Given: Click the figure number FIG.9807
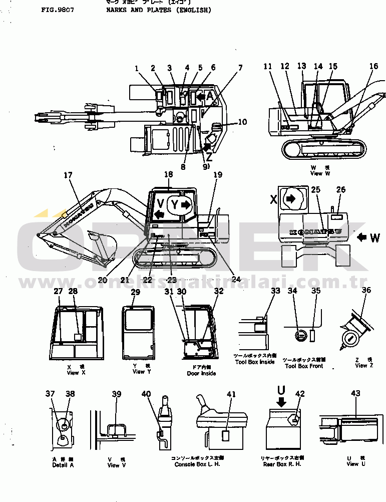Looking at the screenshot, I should click(x=58, y=10).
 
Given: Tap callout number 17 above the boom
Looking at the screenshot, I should click(x=68, y=175).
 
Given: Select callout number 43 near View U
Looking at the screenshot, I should click(x=355, y=394).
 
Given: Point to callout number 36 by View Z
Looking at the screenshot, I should click(x=366, y=290).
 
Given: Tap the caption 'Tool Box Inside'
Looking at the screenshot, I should click(x=255, y=362).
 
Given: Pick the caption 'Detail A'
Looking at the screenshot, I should click(x=63, y=465).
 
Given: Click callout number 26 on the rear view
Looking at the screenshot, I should click(x=340, y=189).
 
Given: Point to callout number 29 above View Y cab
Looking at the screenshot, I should click(x=135, y=292).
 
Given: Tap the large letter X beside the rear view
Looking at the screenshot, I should click(x=273, y=199).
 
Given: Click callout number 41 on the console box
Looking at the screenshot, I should click(x=231, y=394).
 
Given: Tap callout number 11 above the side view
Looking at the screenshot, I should click(x=268, y=66).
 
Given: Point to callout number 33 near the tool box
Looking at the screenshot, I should click(x=275, y=291).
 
